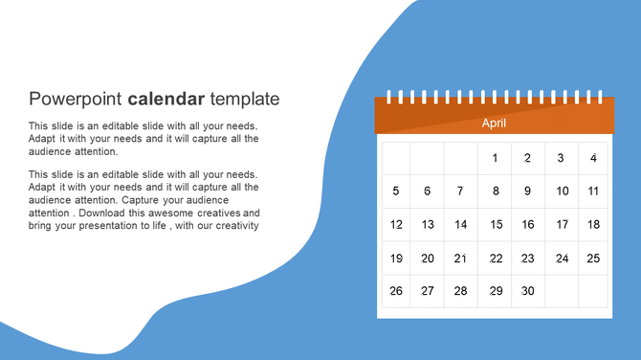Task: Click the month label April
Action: [x=494, y=123]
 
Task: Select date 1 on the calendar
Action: [x=495, y=158]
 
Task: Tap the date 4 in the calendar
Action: [x=593, y=158]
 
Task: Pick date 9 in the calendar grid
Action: [x=527, y=191]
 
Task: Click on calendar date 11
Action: [x=593, y=191]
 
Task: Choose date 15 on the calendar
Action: [x=496, y=225]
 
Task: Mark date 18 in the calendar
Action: [x=593, y=225]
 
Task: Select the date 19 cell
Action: [x=396, y=259]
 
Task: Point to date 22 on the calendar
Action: [x=496, y=259]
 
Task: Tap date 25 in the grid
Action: [x=593, y=259]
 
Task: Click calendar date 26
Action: [x=396, y=291]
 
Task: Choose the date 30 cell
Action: [x=526, y=291]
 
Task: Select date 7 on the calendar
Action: [x=460, y=191]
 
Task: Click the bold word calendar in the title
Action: [x=166, y=99]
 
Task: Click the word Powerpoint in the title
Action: [x=77, y=99]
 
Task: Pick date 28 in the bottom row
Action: [x=460, y=291]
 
